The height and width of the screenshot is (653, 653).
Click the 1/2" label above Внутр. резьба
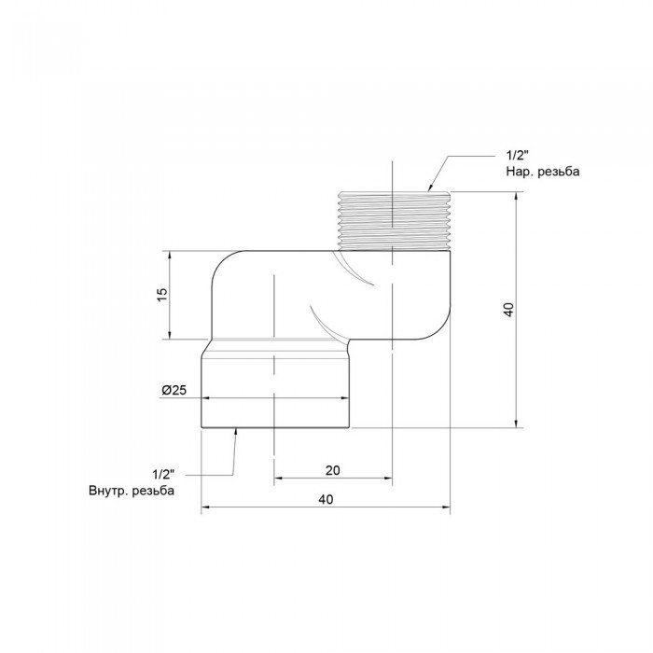(x=163, y=474)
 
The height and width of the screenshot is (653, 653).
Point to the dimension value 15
(x=160, y=294)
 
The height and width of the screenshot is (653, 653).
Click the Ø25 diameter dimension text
(x=174, y=391)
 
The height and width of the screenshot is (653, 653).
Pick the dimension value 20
(x=332, y=470)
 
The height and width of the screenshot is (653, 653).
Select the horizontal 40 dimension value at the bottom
(x=325, y=500)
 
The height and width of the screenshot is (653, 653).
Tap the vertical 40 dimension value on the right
(x=508, y=310)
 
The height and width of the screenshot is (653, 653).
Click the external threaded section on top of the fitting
(x=393, y=221)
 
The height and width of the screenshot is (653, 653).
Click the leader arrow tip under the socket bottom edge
(x=235, y=430)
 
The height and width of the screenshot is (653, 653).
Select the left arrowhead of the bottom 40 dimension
(x=205, y=509)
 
